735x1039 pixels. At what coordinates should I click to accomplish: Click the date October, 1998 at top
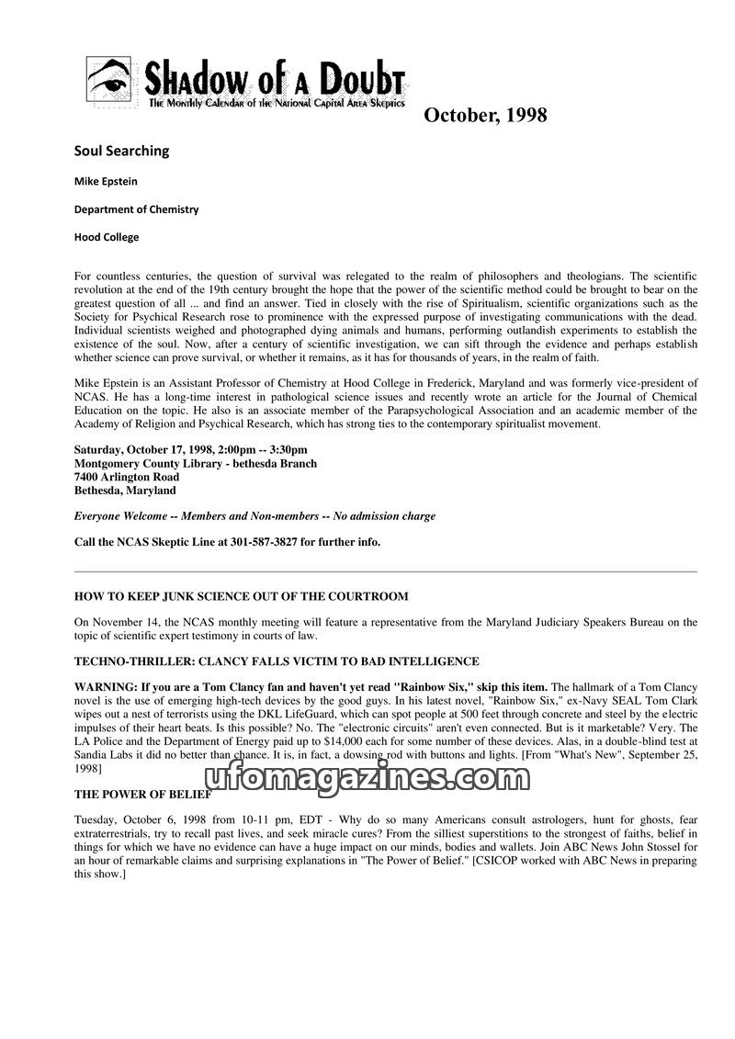coord(485,115)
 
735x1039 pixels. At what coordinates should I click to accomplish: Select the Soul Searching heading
coord(122,151)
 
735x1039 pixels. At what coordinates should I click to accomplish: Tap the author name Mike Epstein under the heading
coord(106,181)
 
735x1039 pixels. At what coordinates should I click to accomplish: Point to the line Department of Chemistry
coord(136,209)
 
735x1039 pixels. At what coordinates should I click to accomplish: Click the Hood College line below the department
coord(107,236)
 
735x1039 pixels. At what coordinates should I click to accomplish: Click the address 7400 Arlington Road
coord(127,477)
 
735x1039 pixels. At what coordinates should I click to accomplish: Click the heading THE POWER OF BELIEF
coord(142,795)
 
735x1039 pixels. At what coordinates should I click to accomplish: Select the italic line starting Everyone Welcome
coord(254,516)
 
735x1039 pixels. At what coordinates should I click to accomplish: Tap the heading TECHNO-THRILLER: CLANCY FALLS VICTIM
coord(277,661)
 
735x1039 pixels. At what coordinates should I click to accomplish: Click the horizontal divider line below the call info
coord(386,571)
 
